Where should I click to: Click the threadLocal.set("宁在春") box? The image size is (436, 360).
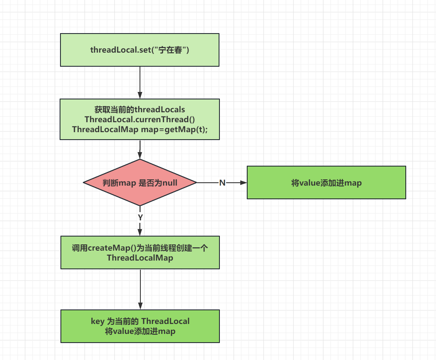click(140, 50)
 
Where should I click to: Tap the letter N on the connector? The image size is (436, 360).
click(222, 183)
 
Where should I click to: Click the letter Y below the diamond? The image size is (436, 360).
click(140, 217)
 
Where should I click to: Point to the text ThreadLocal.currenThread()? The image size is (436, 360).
click(140, 119)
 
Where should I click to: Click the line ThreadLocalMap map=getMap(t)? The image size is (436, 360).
click(140, 129)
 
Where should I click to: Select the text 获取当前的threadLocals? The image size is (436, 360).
click(140, 110)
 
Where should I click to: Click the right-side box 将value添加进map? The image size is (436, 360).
click(326, 183)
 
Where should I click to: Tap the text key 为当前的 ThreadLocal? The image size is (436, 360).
click(140, 321)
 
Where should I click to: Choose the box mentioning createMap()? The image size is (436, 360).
click(140, 252)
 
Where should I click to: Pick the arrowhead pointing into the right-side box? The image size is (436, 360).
click(243, 183)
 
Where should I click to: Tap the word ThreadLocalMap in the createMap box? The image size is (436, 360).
click(140, 258)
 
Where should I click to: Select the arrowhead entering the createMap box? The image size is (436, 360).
click(140, 233)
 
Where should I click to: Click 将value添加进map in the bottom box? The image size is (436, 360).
click(140, 331)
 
